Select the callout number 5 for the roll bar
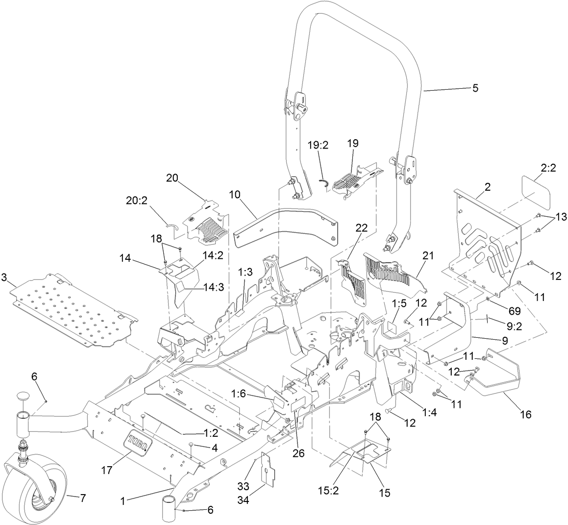click(x=475, y=89)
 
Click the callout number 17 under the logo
click(x=107, y=470)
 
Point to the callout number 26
click(x=298, y=453)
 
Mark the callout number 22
click(x=362, y=228)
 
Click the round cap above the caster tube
click(x=23, y=396)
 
